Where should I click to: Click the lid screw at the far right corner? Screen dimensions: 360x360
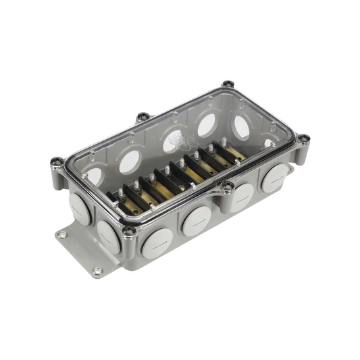tap(304, 139)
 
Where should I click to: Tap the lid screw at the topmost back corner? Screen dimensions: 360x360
tap(229, 85)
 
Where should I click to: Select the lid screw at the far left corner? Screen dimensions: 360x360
tap(57, 162)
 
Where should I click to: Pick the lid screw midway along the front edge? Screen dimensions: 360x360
tap(228, 186)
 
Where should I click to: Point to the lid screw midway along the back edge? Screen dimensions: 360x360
tap(143, 117)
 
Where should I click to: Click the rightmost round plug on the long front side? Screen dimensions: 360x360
tap(275, 178)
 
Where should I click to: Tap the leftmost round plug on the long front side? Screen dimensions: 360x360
tap(157, 243)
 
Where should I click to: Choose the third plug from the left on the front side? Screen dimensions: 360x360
tap(240, 197)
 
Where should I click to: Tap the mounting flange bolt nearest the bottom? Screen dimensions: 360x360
tap(98, 271)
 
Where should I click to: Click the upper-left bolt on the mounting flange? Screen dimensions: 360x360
tap(63, 235)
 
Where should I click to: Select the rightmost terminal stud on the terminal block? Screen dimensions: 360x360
tap(224, 142)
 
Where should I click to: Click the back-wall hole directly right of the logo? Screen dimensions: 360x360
tap(206, 125)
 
